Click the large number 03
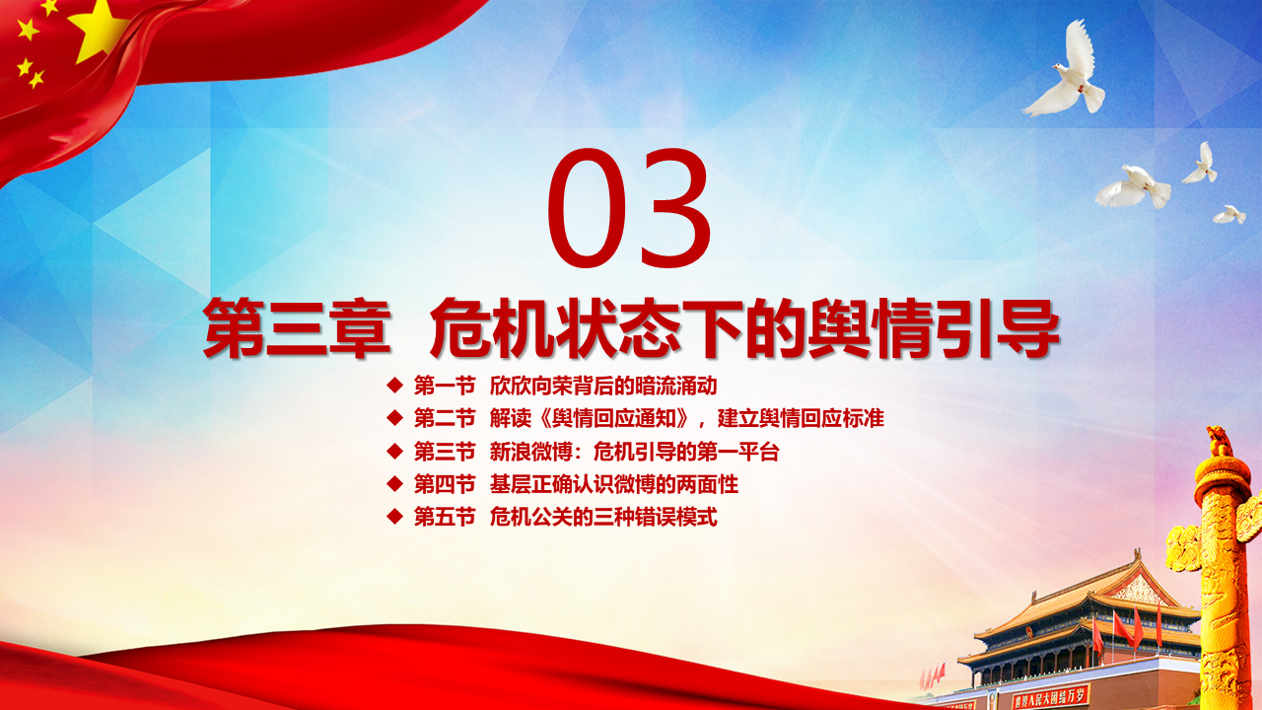click(629, 207)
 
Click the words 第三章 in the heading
click(297, 328)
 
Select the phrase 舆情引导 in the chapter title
click(934, 328)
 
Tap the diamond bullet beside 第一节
click(395, 386)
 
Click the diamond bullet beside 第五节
click(395, 516)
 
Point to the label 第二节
click(445, 419)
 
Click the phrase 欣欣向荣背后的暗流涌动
click(603, 386)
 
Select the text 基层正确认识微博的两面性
click(614, 484)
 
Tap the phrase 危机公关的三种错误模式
click(603, 516)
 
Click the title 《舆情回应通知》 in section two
click(614, 419)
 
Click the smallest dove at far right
click(1229, 215)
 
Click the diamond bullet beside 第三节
click(395, 452)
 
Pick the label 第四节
click(445, 484)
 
